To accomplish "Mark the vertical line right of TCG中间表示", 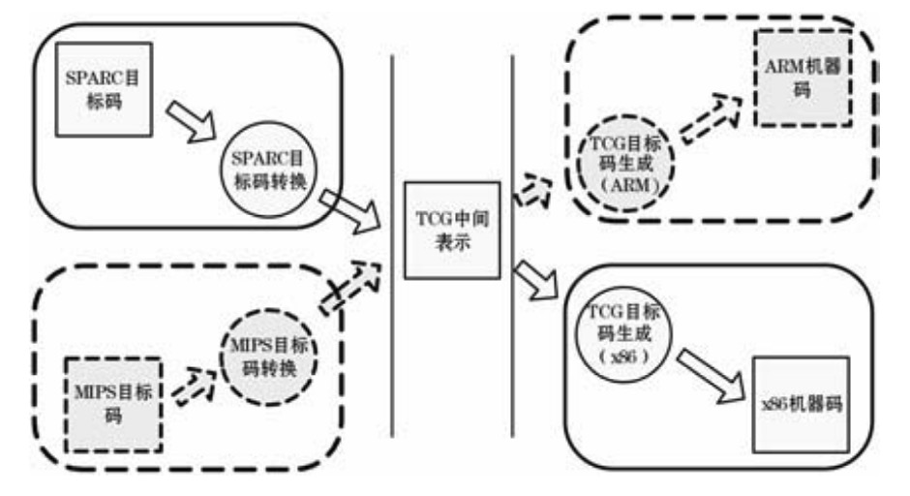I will tap(512, 242).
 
